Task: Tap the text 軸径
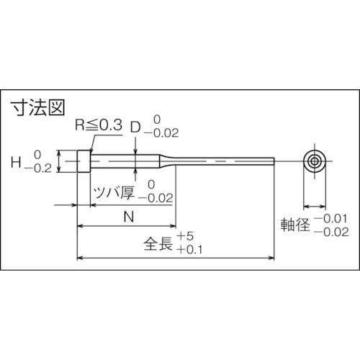[x=294, y=225]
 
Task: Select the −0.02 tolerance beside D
[x=161, y=133]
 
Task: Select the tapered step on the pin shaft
[x=168, y=161]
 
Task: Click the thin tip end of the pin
[x=272, y=161]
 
